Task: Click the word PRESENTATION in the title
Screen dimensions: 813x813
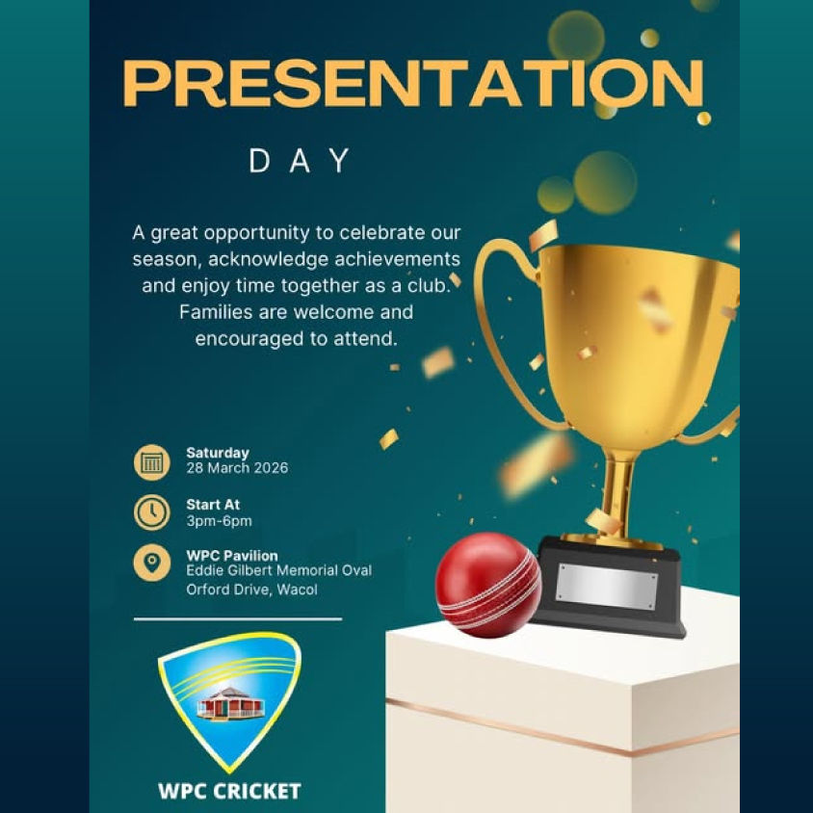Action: [x=413, y=84]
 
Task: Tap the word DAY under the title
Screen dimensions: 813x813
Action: [x=300, y=161]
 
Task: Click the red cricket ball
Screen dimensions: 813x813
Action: [x=487, y=585]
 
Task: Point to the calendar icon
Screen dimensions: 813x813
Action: [x=151, y=461]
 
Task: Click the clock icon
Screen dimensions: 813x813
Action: [x=151, y=512]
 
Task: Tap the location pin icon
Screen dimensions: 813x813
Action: [x=151, y=564]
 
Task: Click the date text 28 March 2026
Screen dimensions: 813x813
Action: [x=237, y=469]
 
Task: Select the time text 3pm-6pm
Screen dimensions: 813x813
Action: [x=219, y=521]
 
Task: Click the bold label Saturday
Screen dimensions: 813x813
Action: [x=218, y=453]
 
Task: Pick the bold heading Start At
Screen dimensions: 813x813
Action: [x=213, y=505]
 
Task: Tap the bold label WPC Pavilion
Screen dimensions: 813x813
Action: [x=232, y=556]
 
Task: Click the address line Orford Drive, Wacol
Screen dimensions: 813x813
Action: [x=251, y=590]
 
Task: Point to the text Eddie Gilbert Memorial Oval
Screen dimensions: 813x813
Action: [x=278, y=571]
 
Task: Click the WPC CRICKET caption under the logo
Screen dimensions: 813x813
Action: [x=229, y=792]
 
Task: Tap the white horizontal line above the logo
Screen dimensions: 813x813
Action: [x=237, y=618]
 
